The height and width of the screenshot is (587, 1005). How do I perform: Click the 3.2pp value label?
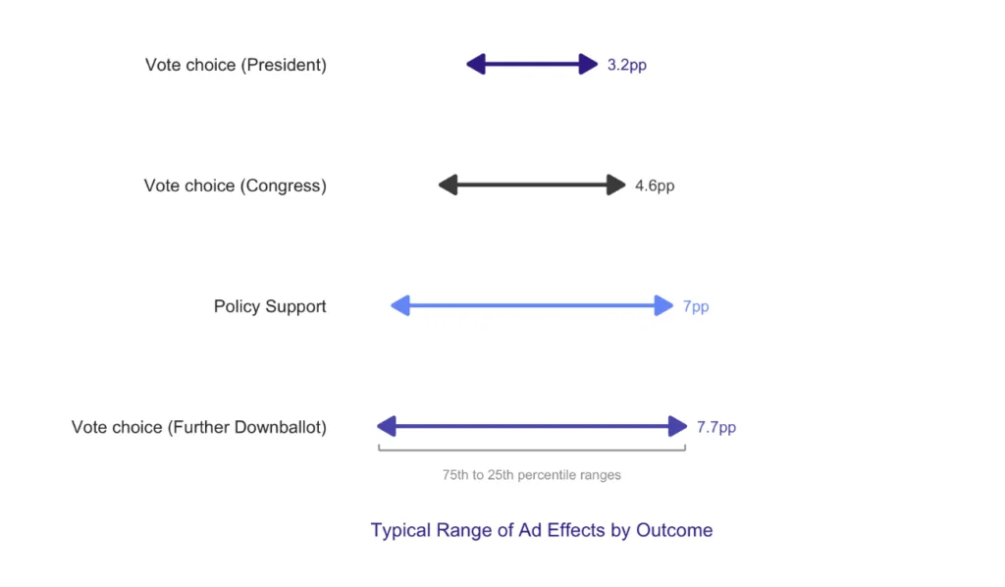[627, 66]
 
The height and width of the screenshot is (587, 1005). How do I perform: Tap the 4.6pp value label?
[655, 186]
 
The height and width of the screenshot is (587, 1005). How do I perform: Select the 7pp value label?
[696, 307]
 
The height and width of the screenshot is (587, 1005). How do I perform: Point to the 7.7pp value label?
[715, 427]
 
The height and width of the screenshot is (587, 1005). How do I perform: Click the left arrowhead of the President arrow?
[476, 64]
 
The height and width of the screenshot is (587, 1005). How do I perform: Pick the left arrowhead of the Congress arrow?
[448, 186]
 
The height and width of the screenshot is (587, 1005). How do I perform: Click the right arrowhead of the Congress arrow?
[616, 186]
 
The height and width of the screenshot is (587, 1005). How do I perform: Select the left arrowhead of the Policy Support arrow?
[400, 305]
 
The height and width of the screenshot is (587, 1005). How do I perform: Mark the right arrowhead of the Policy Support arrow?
[664, 305]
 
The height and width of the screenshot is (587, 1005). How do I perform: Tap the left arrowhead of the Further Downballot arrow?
[387, 426]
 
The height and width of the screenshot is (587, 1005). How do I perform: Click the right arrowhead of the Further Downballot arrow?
[678, 426]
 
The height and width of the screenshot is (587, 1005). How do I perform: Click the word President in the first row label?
[284, 66]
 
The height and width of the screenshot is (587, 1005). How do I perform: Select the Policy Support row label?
[270, 307]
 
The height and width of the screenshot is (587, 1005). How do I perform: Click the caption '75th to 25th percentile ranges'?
[531, 475]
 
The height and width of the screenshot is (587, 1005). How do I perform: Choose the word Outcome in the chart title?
[674, 531]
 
